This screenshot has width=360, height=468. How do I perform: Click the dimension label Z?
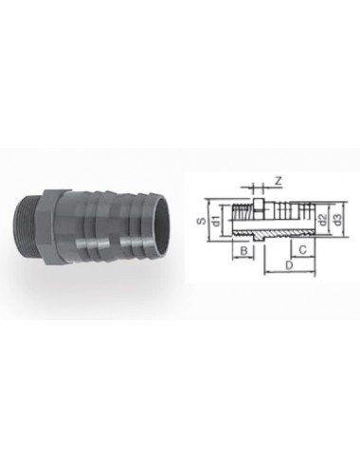277,180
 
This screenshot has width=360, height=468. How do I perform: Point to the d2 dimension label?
322,220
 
